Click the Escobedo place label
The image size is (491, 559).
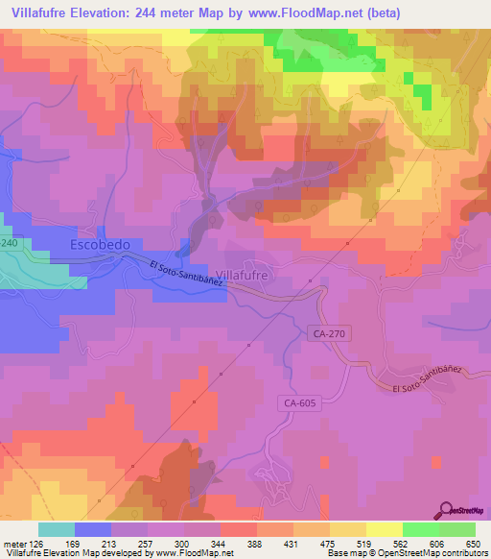click(100, 246)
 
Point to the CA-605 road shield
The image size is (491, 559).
click(301, 404)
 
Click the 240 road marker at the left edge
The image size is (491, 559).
click(9, 245)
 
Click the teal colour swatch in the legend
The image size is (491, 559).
click(56, 529)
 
